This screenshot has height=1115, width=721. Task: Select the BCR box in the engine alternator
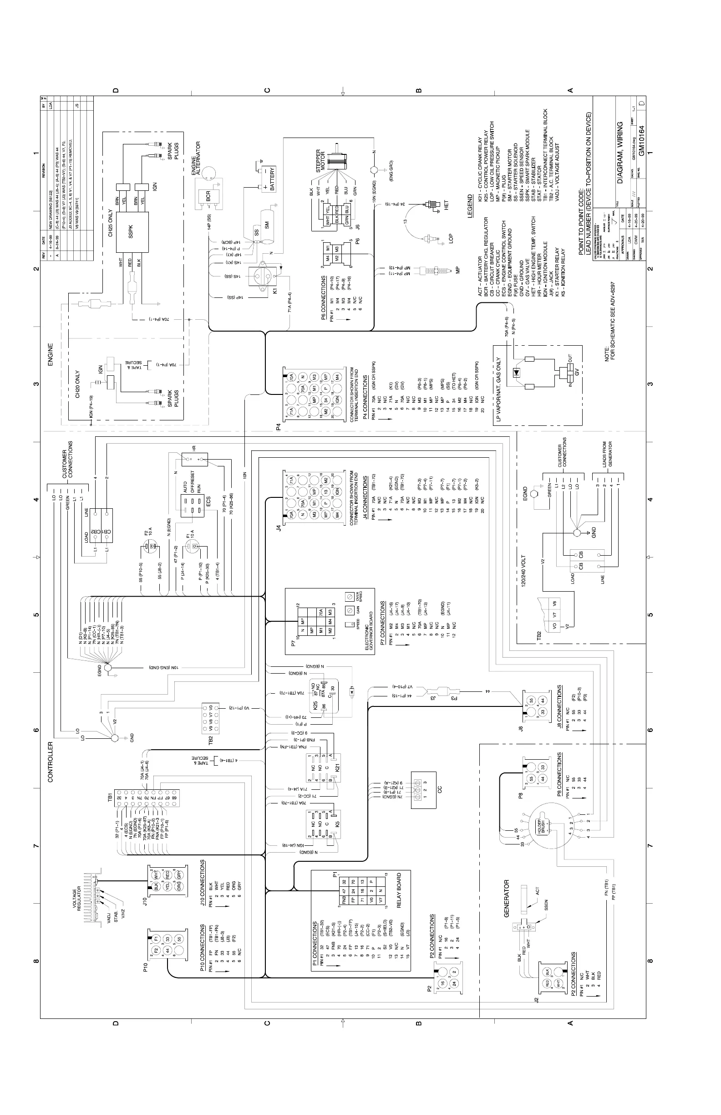click(x=208, y=196)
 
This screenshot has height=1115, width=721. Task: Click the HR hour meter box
click(x=194, y=460)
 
